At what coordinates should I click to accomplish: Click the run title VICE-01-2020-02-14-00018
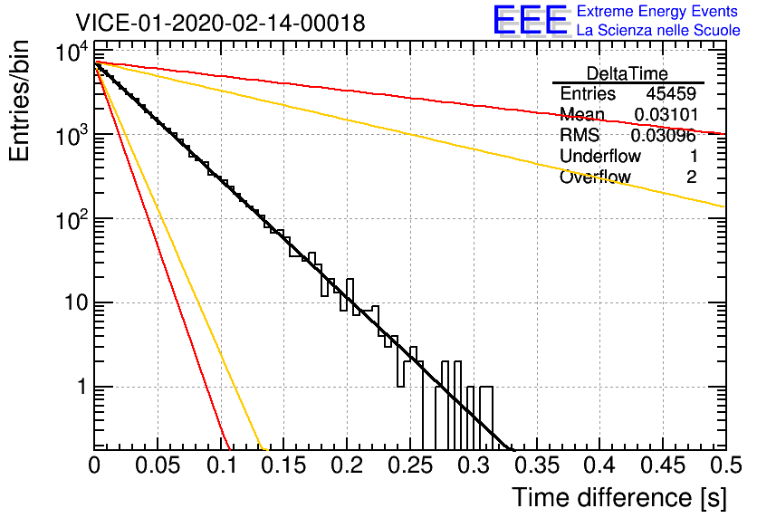tap(220, 23)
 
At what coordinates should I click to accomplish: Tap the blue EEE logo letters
tap(530, 20)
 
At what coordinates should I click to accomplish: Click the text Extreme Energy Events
tap(657, 11)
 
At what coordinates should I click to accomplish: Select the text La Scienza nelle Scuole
tap(658, 31)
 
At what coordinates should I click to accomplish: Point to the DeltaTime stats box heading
tap(627, 73)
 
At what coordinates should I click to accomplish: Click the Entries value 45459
tap(671, 93)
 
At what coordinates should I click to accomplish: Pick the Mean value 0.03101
tap(666, 114)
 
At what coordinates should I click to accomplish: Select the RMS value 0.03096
tap(664, 135)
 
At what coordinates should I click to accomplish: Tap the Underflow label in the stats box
tap(600, 156)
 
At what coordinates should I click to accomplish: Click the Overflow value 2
tap(691, 177)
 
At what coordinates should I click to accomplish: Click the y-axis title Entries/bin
tap(19, 101)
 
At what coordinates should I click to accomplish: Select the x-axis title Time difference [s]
tap(619, 497)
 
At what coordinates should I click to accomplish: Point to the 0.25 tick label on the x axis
tap(410, 465)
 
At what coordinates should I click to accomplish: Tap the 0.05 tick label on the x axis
tap(158, 465)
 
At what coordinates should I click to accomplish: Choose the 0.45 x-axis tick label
tap(663, 465)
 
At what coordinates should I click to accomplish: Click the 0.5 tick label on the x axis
tap(725, 465)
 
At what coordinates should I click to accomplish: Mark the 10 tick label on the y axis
tap(76, 302)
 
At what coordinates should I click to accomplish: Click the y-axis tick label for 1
tap(82, 387)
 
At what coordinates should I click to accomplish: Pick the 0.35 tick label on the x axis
tap(537, 465)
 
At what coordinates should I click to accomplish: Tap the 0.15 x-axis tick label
tap(284, 465)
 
